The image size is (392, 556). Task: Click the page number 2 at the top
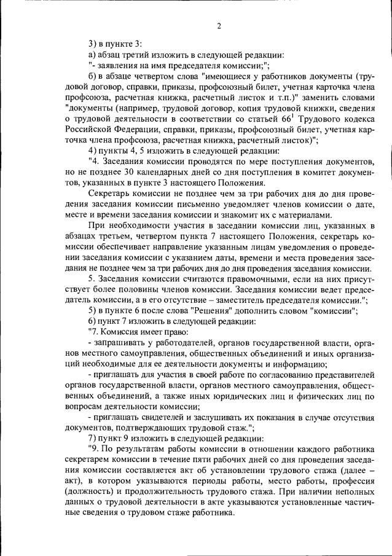pos(219,25)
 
